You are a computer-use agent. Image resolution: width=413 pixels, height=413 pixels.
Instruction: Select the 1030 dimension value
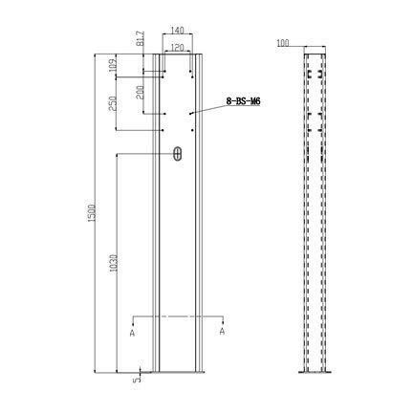click(x=113, y=264)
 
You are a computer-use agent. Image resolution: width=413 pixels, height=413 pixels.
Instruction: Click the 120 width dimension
click(x=177, y=46)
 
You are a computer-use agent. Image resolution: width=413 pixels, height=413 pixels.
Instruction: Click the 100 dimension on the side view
click(x=282, y=44)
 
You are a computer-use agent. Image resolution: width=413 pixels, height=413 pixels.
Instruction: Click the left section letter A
click(x=132, y=332)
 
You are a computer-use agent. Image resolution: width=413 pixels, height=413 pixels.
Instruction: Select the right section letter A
click(x=222, y=332)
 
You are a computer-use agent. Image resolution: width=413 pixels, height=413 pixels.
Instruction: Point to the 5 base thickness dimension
click(x=137, y=379)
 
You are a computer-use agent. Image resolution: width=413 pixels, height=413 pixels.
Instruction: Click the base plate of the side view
click(x=317, y=374)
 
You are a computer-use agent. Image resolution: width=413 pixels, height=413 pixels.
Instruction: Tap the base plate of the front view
click(x=178, y=374)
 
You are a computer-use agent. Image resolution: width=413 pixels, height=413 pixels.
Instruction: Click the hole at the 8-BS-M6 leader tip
click(x=191, y=114)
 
